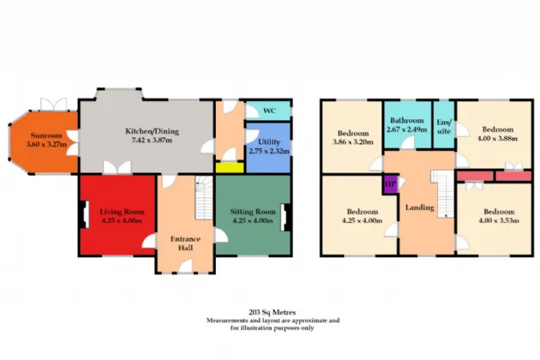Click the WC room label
(x=269, y=111)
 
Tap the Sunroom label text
(x=46, y=135)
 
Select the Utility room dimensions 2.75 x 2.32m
(x=269, y=151)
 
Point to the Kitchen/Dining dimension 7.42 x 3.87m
(x=152, y=141)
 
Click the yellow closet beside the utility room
(x=230, y=167)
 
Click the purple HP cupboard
(x=391, y=185)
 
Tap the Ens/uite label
(x=444, y=127)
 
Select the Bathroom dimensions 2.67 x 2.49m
(x=407, y=129)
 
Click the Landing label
(x=419, y=207)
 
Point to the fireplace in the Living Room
(x=84, y=214)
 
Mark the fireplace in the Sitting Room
(x=285, y=217)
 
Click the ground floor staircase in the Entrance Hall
(x=204, y=198)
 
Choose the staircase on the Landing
(x=443, y=194)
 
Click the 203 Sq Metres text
(x=272, y=313)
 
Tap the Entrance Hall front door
(x=185, y=267)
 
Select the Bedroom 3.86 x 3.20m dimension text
(x=353, y=141)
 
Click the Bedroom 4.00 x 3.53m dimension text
(x=499, y=220)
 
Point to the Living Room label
(x=122, y=212)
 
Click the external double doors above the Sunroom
(x=53, y=105)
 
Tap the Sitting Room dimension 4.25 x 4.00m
(x=253, y=220)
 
